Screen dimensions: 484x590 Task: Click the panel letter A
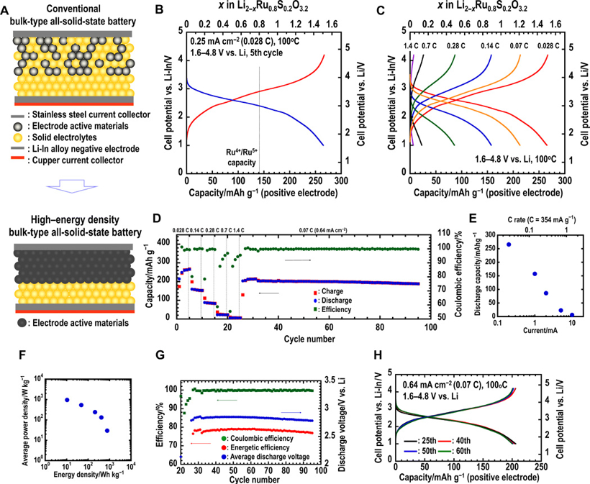point(9,9)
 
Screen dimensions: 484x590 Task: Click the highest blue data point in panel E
point(489,245)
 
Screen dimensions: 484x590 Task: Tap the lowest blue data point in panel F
point(107,431)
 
